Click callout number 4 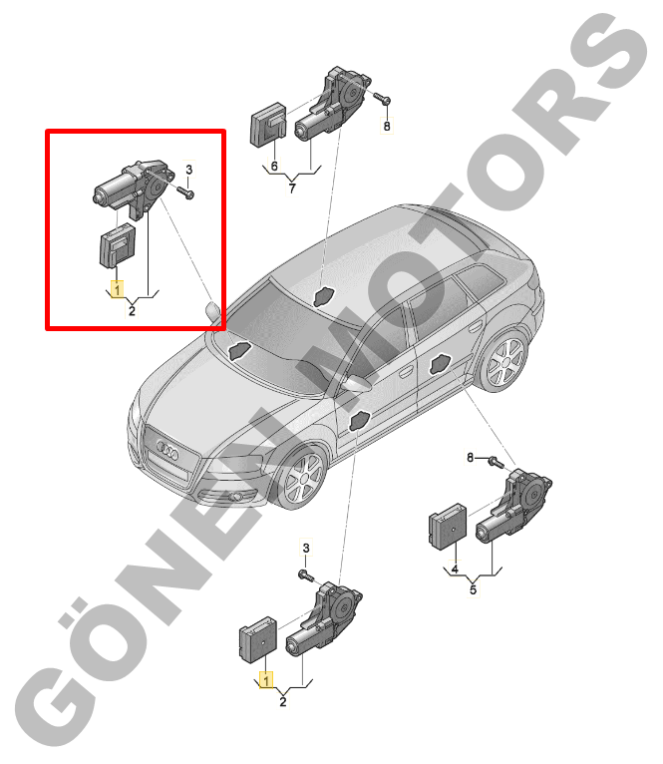pyautogui.click(x=455, y=569)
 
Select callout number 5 pyautogui.click(x=473, y=589)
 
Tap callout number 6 pyautogui.click(x=274, y=167)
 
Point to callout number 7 pyautogui.click(x=292, y=188)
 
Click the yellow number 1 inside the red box pyautogui.click(x=117, y=289)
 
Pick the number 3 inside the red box pyautogui.click(x=189, y=170)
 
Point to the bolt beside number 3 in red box pyautogui.click(x=185, y=192)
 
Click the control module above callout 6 pyautogui.click(x=268, y=125)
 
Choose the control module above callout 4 pyautogui.click(x=448, y=527)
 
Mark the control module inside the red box pyautogui.click(x=118, y=245)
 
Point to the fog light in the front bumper pyautogui.click(x=237, y=497)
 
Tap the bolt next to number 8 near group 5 pyautogui.click(x=496, y=461)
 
